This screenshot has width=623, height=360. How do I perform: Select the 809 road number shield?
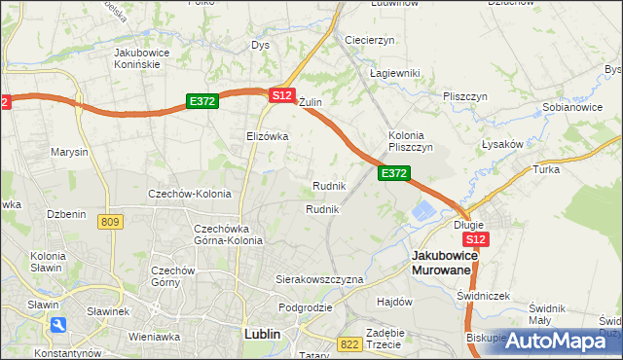pyautogui.click(x=110, y=223)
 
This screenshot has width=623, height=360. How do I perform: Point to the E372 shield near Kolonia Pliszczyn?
pyautogui.click(x=393, y=173)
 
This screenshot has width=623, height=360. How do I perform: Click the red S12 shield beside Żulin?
pyautogui.click(x=282, y=95)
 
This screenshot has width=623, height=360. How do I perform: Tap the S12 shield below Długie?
pyautogui.click(x=475, y=239)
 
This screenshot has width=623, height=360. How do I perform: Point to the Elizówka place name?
pyautogui.click(x=268, y=136)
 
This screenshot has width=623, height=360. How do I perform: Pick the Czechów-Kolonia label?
pyautogui.click(x=189, y=194)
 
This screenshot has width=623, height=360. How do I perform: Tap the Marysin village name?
pyautogui.click(x=69, y=152)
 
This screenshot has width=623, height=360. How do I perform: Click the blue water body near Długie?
pyautogui.click(x=425, y=210)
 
